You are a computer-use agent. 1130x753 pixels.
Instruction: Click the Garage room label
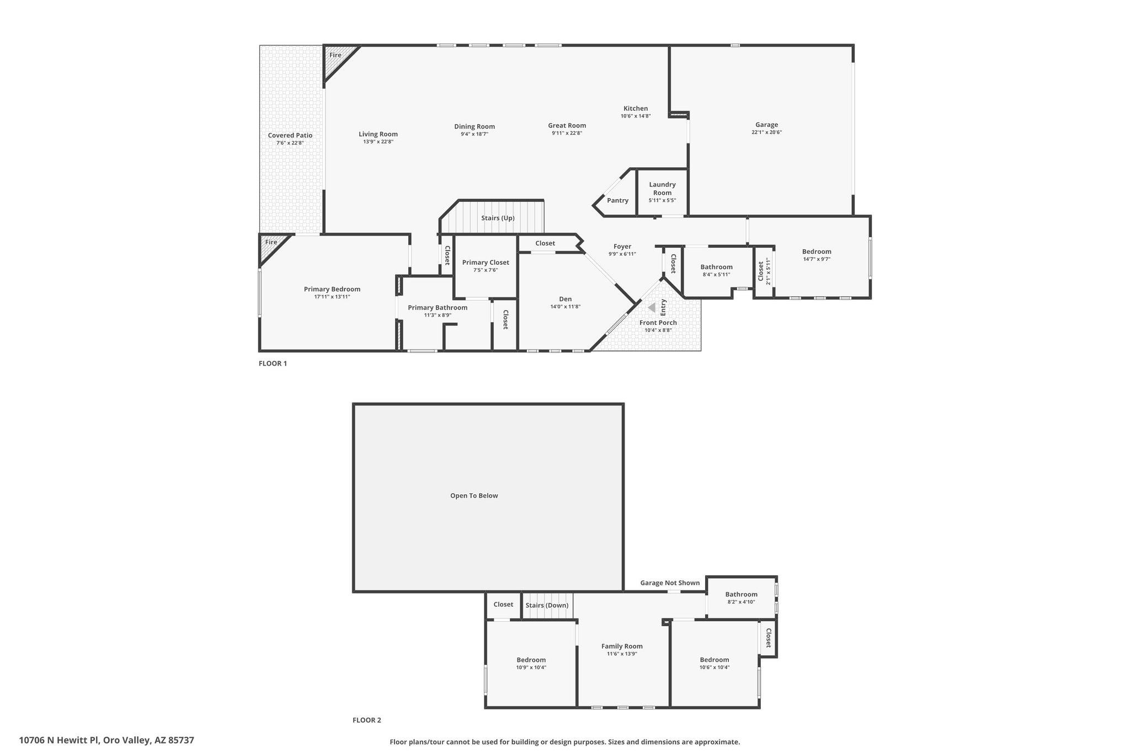pos(766,125)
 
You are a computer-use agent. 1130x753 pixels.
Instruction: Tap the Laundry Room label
pos(662,189)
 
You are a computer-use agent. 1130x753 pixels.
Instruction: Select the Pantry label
pos(617,200)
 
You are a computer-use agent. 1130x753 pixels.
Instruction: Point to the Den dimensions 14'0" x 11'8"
pos(566,307)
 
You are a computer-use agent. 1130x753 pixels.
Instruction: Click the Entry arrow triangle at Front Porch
pos(652,307)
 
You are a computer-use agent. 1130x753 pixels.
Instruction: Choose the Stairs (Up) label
pos(498,218)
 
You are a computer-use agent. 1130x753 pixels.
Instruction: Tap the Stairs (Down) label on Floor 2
pos(547,605)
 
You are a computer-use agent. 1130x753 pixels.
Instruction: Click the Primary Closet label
pos(486,263)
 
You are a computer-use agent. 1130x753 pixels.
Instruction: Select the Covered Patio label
pos(290,136)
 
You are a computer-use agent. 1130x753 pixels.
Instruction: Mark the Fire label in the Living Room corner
pos(335,55)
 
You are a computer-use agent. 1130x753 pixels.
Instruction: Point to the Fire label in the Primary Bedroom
pos(271,242)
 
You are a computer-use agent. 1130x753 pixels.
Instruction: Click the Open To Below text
pos(474,495)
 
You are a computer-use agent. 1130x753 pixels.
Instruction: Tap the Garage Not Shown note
pos(670,583)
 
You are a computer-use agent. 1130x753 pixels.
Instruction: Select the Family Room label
pos(622,647)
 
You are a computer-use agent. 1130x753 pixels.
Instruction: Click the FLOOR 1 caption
pos(273,364)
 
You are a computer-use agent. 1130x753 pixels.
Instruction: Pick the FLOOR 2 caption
pos(367,720)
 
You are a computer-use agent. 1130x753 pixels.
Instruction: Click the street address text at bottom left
pos(106,740)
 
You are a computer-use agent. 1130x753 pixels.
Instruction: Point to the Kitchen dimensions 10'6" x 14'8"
pos(636,116)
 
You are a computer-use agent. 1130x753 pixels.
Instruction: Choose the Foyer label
pos(622,247)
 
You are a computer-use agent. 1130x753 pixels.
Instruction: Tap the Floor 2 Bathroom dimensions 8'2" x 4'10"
pos(741,602)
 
